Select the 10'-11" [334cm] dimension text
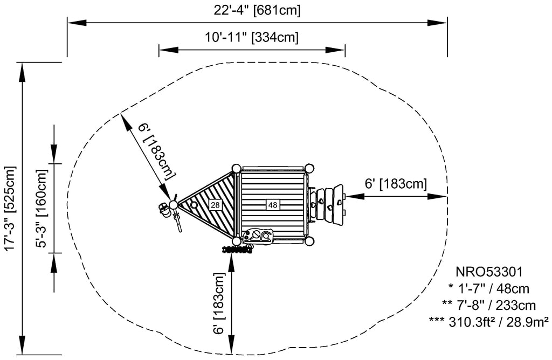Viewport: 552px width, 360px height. point(251,38)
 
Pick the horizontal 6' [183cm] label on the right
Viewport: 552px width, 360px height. point(396,183)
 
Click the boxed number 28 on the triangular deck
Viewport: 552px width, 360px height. point(215,205)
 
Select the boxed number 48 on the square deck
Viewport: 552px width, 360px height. point(272,205)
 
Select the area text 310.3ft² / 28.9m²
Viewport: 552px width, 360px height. point(488,322)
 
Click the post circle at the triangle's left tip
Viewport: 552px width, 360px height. point(174,205)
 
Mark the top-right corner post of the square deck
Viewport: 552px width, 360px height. point(309,168)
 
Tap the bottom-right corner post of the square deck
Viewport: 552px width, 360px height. point(309,241)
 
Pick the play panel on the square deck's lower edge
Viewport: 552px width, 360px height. point(259,236)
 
